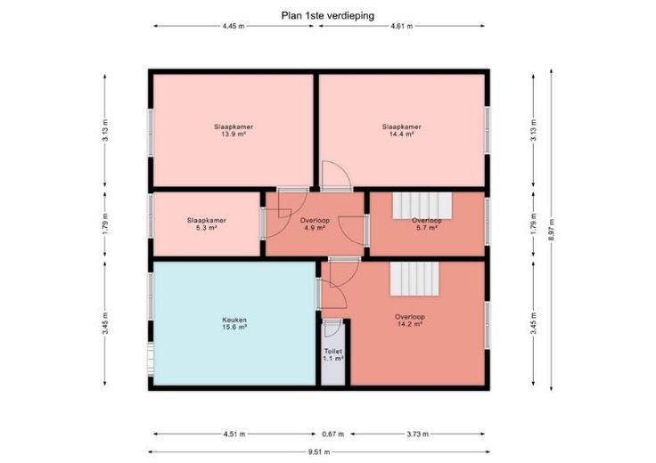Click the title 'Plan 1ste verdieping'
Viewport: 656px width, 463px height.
click(328, 16)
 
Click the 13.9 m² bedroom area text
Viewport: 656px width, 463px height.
click(234, 134)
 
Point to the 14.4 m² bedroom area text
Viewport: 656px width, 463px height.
click(402, 134)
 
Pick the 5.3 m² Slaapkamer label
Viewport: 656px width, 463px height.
click(207, 224)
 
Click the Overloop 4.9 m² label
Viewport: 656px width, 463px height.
click(315, 224)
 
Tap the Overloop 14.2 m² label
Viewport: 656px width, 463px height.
click(410, 321)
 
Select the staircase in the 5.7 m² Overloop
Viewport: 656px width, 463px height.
click(422, 205)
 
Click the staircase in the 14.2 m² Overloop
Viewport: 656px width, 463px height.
click(414, 279)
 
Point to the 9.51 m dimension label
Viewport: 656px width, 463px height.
click(319, 451)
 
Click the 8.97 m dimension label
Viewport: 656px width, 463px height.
click(551, 230)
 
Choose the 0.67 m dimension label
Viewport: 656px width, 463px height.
click(333, 435)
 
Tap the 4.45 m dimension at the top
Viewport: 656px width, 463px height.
click(234, 26)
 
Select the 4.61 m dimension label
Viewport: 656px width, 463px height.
click(402, 26)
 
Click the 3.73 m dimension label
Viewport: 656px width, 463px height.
click(417, 435)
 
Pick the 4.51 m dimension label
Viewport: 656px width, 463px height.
click(234, 435)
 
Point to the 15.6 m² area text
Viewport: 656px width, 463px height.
click(234, 327)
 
